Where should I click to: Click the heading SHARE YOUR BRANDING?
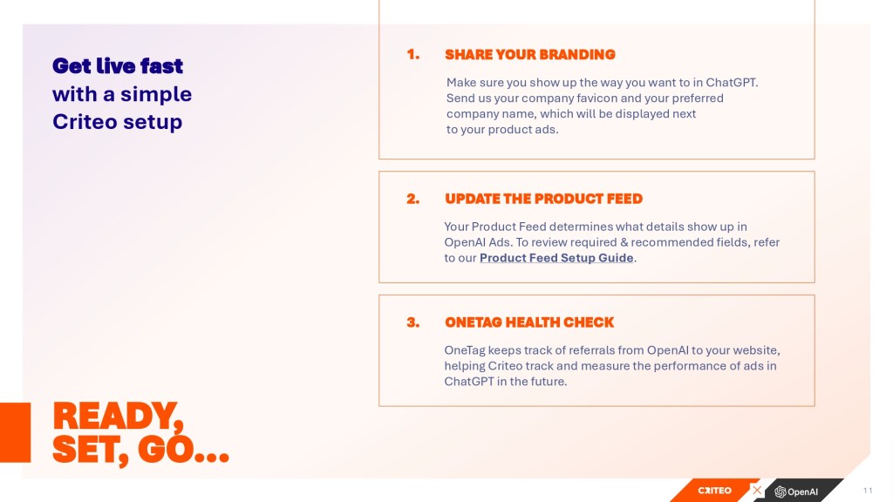click(529, 55)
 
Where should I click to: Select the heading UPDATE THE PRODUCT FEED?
click(543, 199)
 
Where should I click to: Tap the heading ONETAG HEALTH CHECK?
click(529, 322)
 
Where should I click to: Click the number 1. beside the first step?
click(412, 55)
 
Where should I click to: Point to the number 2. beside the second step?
click(412, 199)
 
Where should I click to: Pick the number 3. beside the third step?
click(412, 322)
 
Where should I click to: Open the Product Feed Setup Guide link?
click(556, 258)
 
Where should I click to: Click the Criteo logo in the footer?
click(715, 491)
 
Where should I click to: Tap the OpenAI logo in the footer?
click(796, 492)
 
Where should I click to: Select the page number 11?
click(868, 490)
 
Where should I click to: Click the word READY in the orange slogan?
click(118, 417)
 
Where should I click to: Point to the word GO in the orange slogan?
click(165, 450)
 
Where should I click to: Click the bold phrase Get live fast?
click(118, 66)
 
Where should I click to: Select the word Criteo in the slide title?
click(85, 122)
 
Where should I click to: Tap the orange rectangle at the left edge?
click(16, 432)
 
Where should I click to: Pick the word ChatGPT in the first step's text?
click(732, 83)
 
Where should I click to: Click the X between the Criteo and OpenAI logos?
click(757, 490)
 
